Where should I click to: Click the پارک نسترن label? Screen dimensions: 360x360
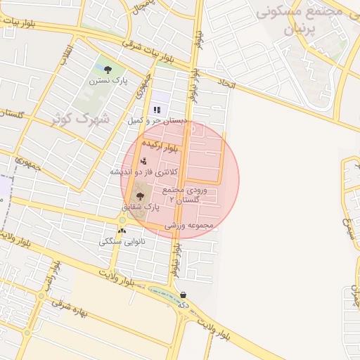click(x=108, y=81)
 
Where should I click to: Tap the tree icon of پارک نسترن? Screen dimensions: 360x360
click(x=108, y=69)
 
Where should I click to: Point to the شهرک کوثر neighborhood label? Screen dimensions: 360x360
click(x=80, y=117)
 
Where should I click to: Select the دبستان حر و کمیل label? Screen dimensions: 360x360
click(x=157, y=121)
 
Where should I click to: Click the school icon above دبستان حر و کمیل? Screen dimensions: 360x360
click(x=157, y=110)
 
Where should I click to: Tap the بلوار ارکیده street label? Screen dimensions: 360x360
click(x=160, y=146)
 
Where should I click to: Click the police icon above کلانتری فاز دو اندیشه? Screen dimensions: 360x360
click(x=144, y=161)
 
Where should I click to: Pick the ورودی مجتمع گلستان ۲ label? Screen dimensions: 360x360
click(x=184, y=195)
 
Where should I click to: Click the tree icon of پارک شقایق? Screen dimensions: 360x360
click(x=140, y=196)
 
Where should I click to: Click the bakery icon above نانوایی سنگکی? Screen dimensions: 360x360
click(x=122, y=231)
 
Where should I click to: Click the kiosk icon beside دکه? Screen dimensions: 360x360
click(x=184, y=295)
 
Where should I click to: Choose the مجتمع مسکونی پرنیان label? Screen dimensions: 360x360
click(x=303, y=21)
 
